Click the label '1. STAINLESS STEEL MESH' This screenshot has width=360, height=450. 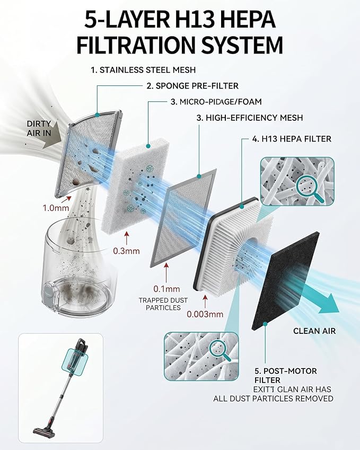pyautogui.click(x=143, y=70)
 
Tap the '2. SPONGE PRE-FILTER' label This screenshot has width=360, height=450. pyautogui.click(x=192, y=86)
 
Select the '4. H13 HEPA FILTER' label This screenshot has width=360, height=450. pyautogui.click(x=292, y=139)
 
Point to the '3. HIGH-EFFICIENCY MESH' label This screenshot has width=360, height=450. pyautogui.click(x=250, y=118)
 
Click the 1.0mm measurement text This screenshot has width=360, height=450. pyautogui.click(x=56, y=207)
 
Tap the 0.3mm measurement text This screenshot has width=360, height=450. pyautogui.click(x=126, y=251)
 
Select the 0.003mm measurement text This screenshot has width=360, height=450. pyautogui.click(x=205, y=314)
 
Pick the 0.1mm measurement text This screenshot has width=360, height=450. pyautogui.click(x=166, y=289)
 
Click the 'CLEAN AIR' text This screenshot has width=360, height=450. pyautogui.click(x=314, y=331)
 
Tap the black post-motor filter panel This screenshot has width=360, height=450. pyautogui.click(x=285, y=281)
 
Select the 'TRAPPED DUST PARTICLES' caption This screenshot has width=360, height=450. pyautogui.click(x=163, y=304)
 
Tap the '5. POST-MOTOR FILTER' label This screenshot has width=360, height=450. pyautogui.click(x=286, y=375)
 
